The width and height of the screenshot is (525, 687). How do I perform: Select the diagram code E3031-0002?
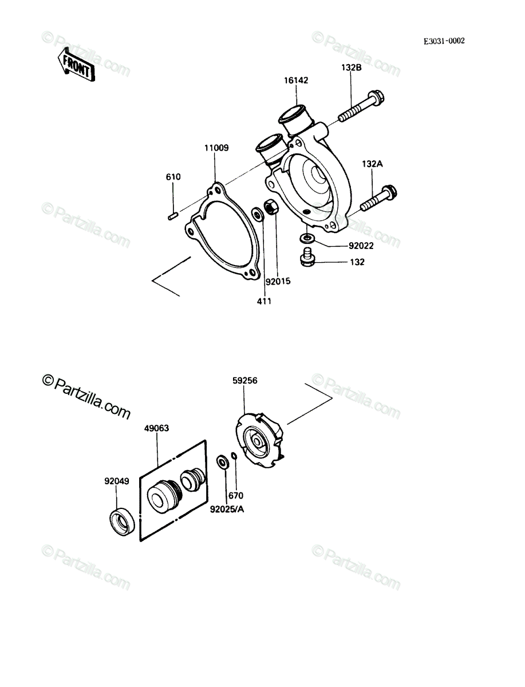(x=444, y=41)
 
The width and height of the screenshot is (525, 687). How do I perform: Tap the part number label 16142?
(x=296, y=81)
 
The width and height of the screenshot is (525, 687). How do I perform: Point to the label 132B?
(x=351, y=68)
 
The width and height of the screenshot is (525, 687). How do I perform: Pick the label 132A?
(x=372, y=164)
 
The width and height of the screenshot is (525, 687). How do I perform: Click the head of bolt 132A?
(x=389, y=193)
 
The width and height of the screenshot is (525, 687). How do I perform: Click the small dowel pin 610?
(x=173, y=216)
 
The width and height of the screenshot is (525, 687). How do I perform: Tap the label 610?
(x=173, y=177)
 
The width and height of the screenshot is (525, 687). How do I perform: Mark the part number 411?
(x=264, y=301)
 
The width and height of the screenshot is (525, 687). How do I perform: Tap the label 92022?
(x=361, y=246)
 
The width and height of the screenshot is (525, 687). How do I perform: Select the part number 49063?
(x=156, y=428)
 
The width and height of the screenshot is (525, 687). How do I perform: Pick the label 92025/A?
(x=227, y=510)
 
